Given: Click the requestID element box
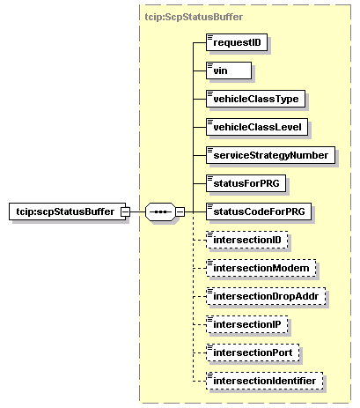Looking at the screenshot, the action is point(237,42).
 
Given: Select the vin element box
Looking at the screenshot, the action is point(229,70).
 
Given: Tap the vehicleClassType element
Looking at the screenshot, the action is point(255,99).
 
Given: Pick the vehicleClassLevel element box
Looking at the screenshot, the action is point(257,127).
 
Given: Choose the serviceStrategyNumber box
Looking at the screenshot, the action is point(270,155).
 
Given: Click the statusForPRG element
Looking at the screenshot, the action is point(246,183).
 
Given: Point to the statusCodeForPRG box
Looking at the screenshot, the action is point(259,211).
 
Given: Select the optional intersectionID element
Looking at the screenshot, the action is point(247,240).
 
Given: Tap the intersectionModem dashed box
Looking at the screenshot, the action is point(261,268).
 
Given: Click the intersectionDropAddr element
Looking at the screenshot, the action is point(266,296).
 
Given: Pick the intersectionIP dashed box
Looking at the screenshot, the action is point(247,324).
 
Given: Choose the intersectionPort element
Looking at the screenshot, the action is point(253,352).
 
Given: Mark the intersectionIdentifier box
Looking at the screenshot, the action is point(264,381).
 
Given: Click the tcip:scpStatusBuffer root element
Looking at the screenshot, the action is point(67,211).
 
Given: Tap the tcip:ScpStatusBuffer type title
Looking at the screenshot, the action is point(194,17).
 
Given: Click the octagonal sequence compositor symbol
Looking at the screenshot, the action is point(160,211).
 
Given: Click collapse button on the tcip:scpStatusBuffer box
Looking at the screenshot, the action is point(125,211).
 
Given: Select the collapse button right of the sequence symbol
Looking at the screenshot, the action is point(180,211).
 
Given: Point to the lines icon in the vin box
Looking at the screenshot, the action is point(210,65).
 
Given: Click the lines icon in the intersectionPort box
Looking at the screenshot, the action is point(210,347).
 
